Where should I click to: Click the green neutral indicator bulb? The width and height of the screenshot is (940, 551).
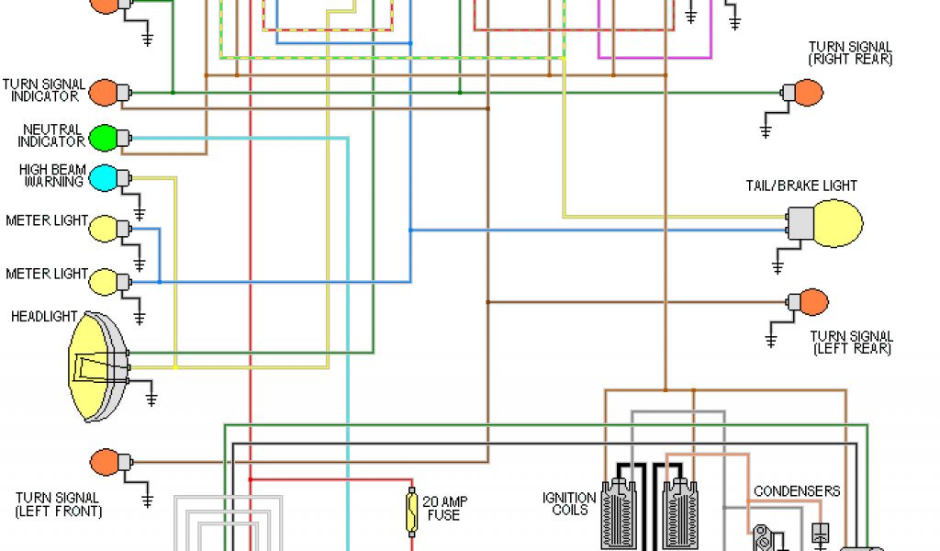102,138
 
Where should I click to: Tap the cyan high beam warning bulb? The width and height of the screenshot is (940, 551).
102,177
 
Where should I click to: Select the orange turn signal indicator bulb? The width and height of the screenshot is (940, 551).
102,93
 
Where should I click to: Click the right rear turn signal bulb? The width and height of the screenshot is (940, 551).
808,93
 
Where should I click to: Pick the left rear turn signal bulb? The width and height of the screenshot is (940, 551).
813,302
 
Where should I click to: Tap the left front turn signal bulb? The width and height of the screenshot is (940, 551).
103,462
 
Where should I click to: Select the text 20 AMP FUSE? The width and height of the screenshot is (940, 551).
445,509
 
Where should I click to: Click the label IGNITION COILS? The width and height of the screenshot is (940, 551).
569,504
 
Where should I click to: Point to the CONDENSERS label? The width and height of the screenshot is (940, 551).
797,491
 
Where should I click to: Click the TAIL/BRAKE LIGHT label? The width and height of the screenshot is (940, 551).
801,186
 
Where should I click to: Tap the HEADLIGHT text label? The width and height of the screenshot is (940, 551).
44,317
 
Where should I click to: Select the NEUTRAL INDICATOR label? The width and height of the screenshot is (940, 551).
52,136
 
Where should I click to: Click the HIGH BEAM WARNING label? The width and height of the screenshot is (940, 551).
52,175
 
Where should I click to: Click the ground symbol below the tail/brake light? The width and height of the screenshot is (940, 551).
777,266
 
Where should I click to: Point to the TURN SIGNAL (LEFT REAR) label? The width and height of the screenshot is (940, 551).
852,343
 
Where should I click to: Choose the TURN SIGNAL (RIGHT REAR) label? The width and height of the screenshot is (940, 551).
850,53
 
